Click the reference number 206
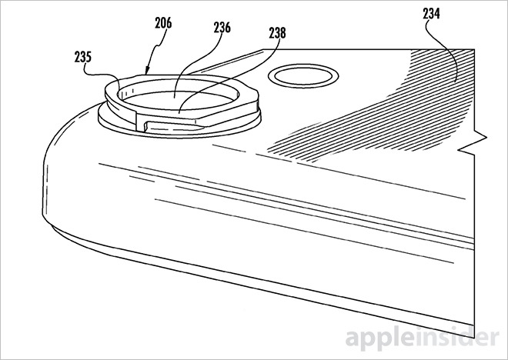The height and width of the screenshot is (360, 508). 163,23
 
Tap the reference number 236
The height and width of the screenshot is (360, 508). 222,28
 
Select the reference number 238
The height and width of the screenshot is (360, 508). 277,33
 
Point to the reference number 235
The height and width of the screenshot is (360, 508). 83,57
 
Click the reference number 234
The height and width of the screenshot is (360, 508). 431,14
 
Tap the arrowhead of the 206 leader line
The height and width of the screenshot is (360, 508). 146,71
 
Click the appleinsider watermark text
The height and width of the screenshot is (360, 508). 422,339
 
